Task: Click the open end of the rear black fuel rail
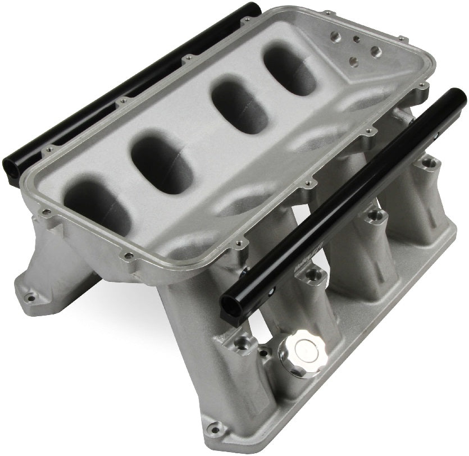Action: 14,165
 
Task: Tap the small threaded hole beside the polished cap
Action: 245,343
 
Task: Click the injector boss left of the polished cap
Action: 245,343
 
